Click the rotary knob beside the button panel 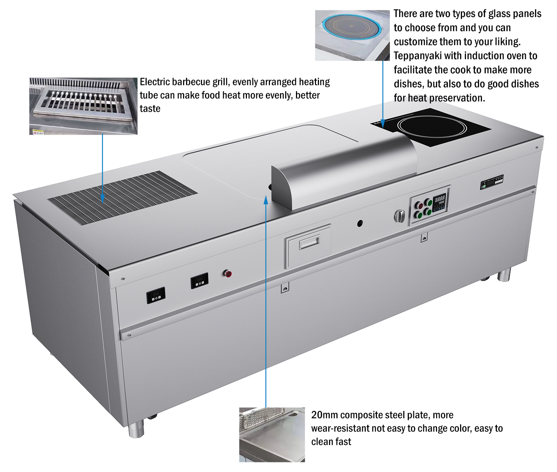[399, 216]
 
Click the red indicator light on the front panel [228, 274]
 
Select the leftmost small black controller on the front [156, 295]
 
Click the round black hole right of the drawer [359, 223]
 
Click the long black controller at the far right [492, 182]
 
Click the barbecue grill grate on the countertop [123, 197]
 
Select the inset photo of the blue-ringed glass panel [352, 35]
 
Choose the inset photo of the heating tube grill [83, 106]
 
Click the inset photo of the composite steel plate [272, 434]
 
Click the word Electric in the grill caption [154, 82]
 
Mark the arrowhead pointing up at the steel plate [266, 200]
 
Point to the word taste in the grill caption [150, 108]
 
